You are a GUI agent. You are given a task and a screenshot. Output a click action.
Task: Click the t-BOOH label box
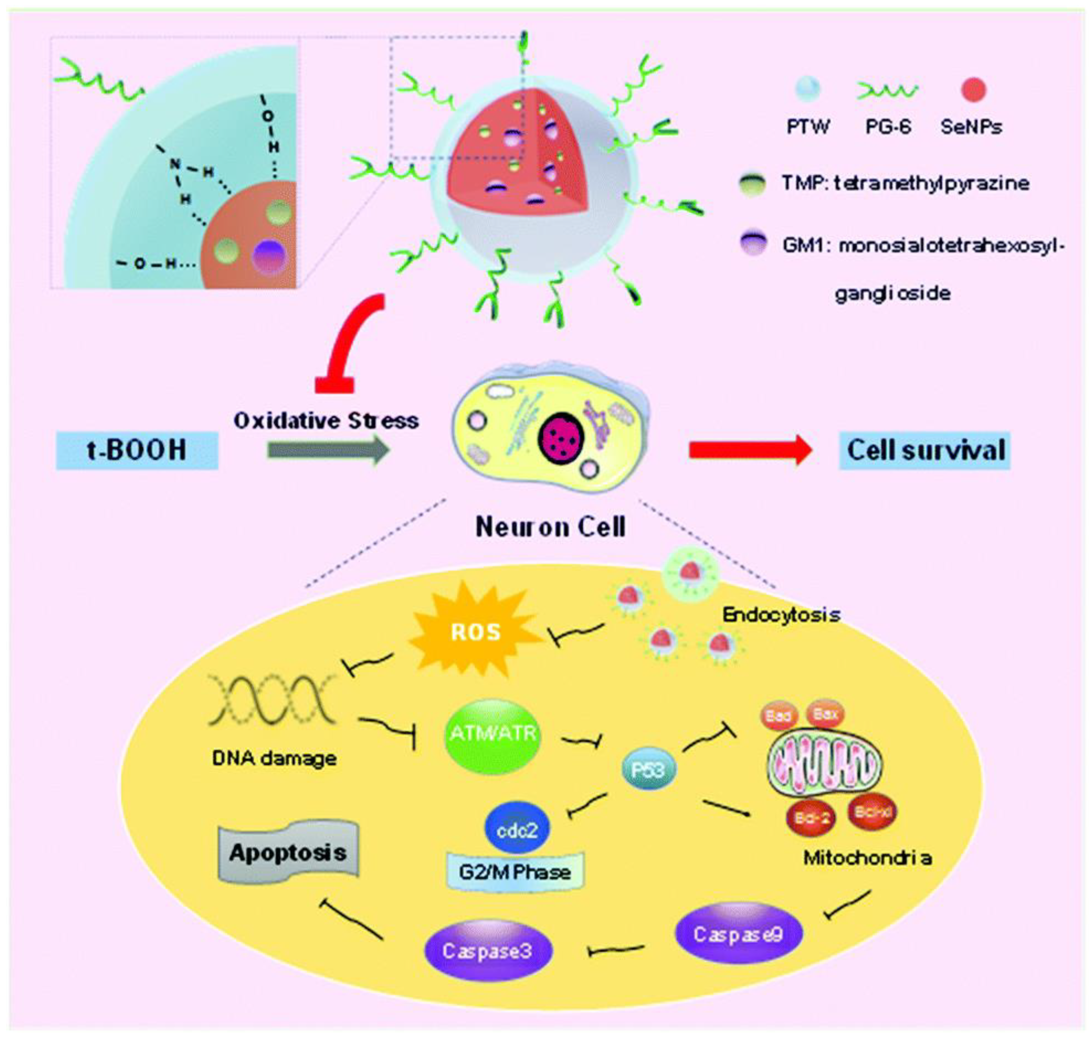pyautogui.click(x=137, y=451)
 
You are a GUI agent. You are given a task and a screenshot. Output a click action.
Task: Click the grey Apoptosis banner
pyautogui.click(x=288, y=853)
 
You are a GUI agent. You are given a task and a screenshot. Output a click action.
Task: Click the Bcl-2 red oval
pyautogui.click(x=811, y=818)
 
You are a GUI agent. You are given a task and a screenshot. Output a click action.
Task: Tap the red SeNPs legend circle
pyautogui.click(x=973, y=90)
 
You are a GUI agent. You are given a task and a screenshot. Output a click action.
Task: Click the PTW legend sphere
pyautogui.click(x=807, y=90)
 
